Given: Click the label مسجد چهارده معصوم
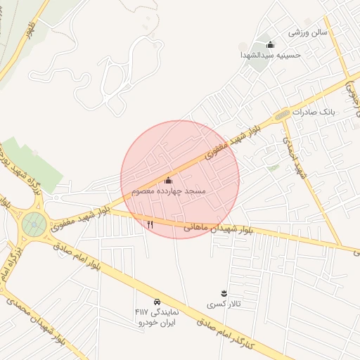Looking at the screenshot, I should coord(168,191).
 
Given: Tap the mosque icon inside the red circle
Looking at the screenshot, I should coord(168,181).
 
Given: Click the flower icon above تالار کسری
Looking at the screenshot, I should coord(224,292).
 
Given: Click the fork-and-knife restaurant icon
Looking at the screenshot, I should coord(150,224).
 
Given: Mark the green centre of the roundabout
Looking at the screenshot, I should coord(34,224).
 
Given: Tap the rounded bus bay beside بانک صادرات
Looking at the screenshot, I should coord(282,114).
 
